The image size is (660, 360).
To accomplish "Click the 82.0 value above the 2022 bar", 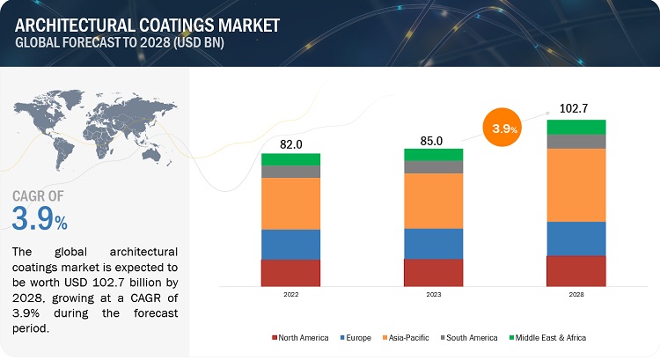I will coord(290,144).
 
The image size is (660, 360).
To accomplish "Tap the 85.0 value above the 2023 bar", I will coord(432,138).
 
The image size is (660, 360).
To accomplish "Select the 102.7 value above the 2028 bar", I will coord(576,109).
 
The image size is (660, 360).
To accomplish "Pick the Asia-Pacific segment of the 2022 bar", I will coord(290,203).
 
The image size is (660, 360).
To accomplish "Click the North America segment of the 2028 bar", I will coord(576,271).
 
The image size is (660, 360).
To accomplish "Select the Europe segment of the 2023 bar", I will coord(433,244).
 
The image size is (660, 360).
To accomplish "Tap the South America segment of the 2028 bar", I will coord(576,142).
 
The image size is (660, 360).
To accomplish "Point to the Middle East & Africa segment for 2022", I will coord(290,159).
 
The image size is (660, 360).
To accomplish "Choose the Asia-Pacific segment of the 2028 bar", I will coord(576,185).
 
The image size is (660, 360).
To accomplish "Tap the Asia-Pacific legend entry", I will coord(410,337).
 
